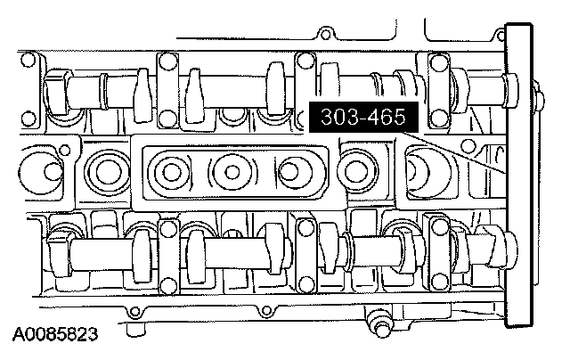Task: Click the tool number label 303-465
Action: pos(363,117)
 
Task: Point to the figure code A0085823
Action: pos(55,334)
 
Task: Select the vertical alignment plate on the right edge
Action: pos(520,176)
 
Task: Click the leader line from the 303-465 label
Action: pos(454,153)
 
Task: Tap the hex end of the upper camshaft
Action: pos(54,91)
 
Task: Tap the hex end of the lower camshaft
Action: pos(58,253)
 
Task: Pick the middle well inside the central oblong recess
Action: pos(232,172)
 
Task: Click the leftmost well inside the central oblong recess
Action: pos(170,172)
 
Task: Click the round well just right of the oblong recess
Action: pos(355,171)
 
